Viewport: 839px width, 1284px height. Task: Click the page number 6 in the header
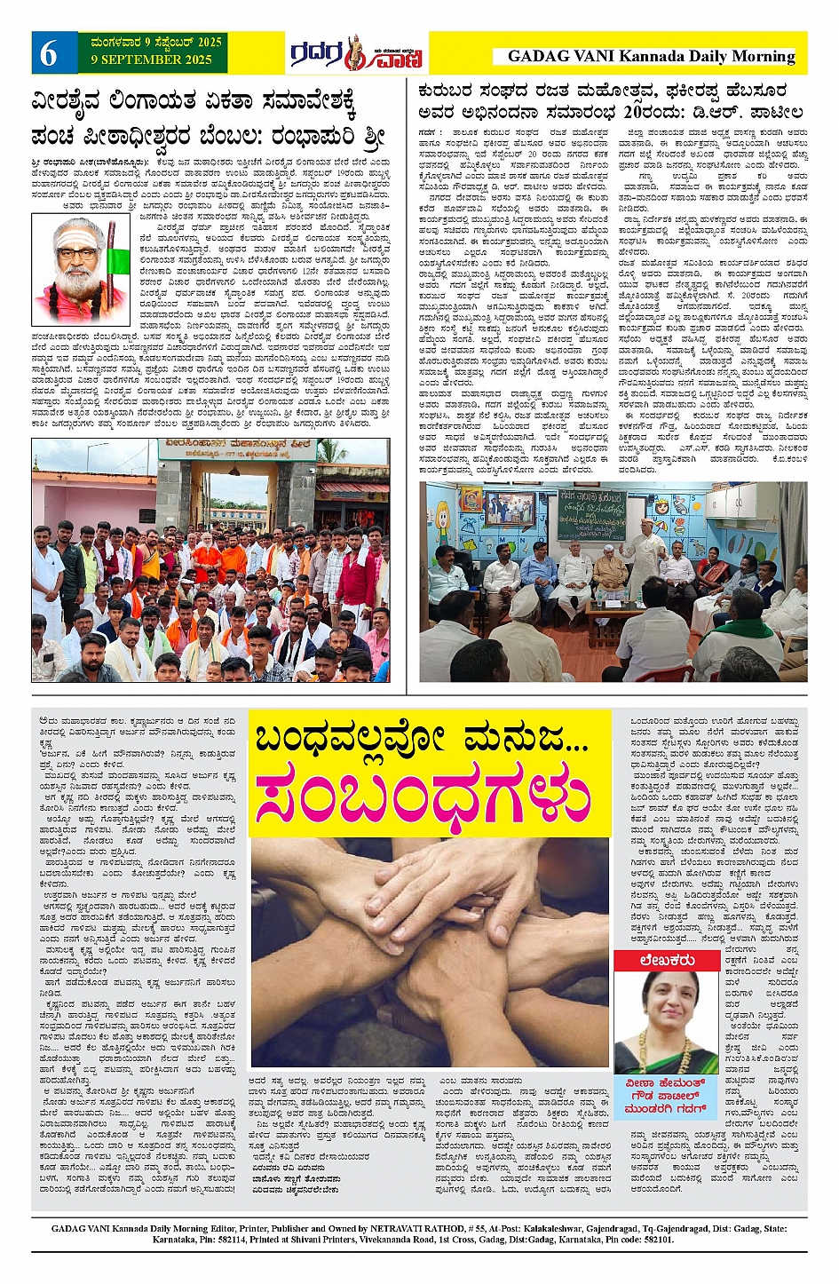[48, 54]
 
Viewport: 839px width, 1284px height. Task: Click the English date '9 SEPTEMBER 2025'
[151, 60]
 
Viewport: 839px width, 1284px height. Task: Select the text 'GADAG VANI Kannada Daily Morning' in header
[651, 56]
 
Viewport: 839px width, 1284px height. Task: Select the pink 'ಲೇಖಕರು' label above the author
[666, 961]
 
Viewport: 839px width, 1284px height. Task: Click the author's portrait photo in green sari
[666, 1021]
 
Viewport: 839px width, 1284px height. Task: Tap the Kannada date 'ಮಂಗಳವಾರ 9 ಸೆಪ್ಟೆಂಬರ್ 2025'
[156, 42]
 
